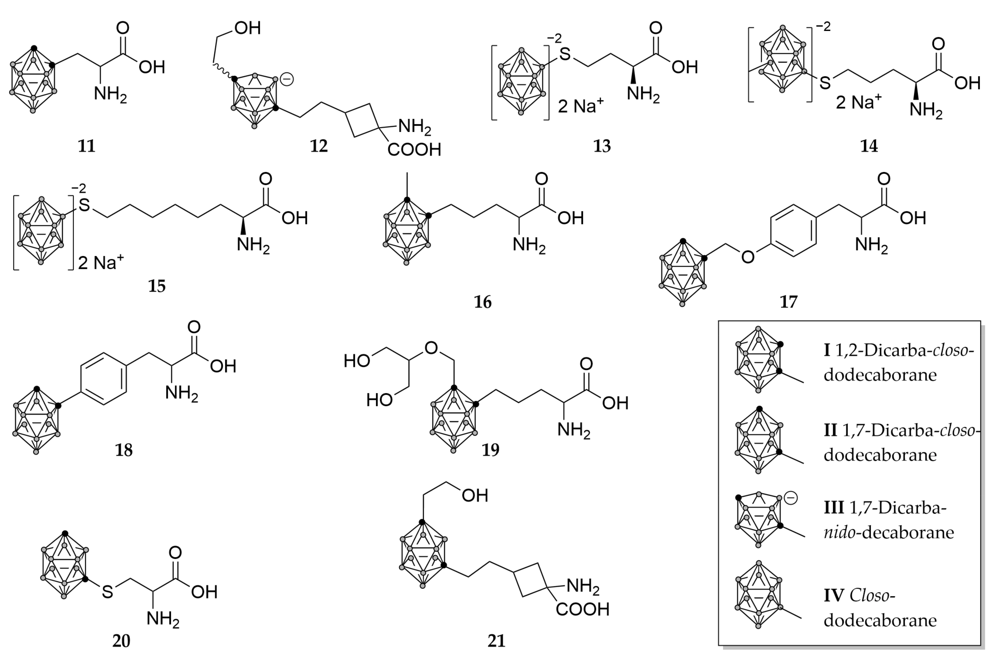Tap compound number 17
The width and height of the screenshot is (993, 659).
pos(788,302)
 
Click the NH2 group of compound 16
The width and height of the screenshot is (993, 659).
pos(529,244)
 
